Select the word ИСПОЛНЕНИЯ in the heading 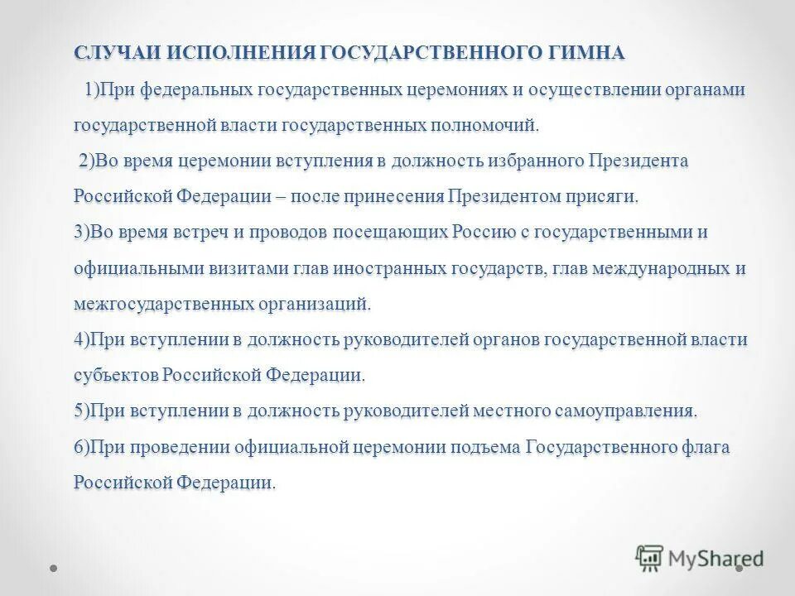[241, 53]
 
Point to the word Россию [478, 232]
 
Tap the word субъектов [115, 375]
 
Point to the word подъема [487, 447]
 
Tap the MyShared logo [699, 558]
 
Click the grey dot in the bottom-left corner [53, 570]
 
